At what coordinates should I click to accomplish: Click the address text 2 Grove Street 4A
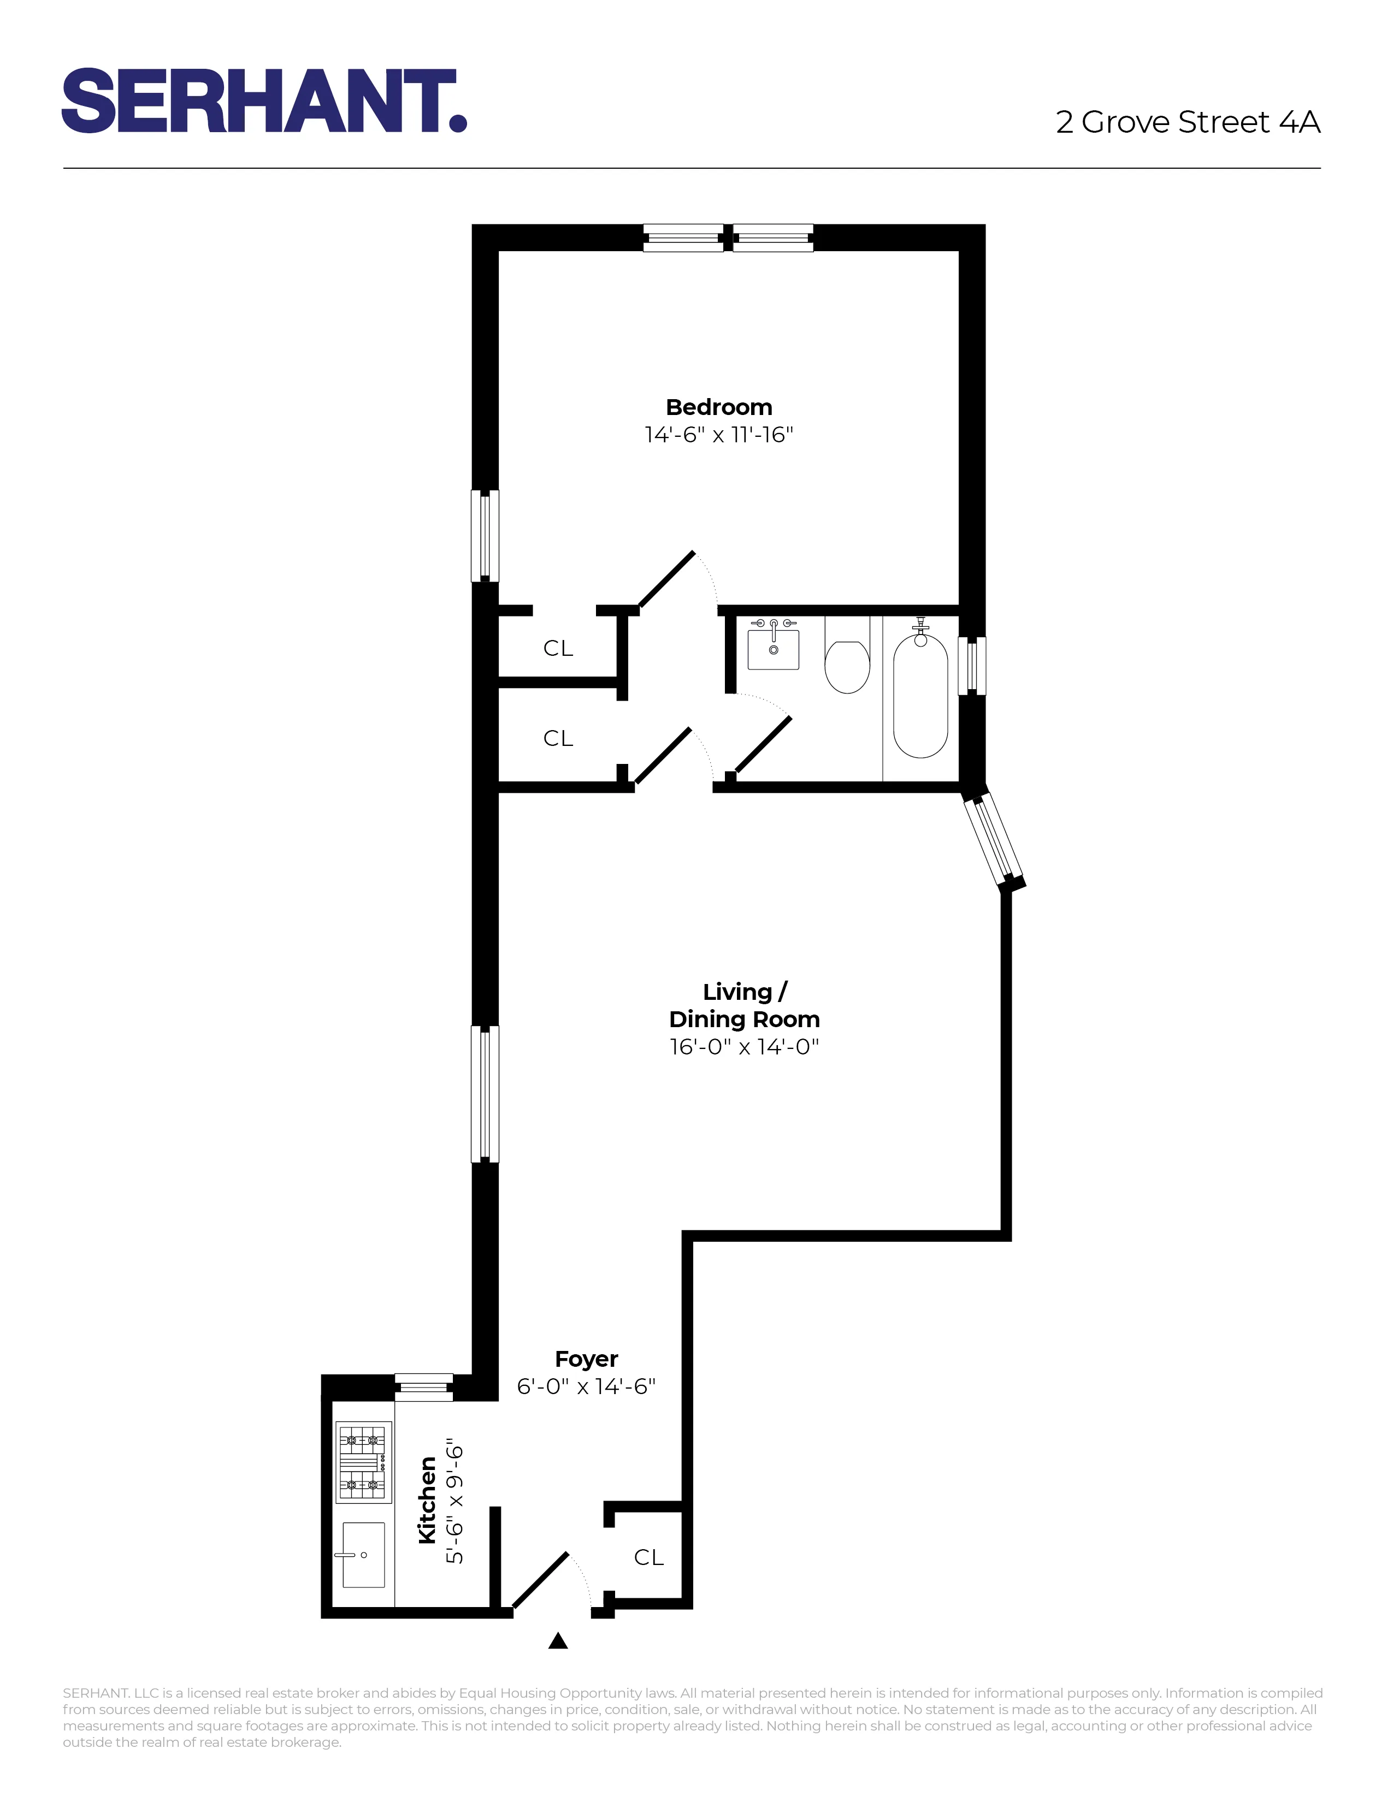click(1188, 122)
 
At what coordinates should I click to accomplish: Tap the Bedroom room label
click(719, 407)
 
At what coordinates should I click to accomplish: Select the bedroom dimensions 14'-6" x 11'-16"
click(719, 435)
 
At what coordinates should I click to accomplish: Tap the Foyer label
click(586, 1359)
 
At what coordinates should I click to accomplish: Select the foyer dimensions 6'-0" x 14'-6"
click(586, 1386)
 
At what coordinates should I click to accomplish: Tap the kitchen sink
click(363, 1555)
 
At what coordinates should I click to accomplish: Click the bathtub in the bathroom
click(920, 697)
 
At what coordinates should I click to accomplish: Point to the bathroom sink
click(773, 647)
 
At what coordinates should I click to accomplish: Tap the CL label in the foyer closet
click(648, 1558)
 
